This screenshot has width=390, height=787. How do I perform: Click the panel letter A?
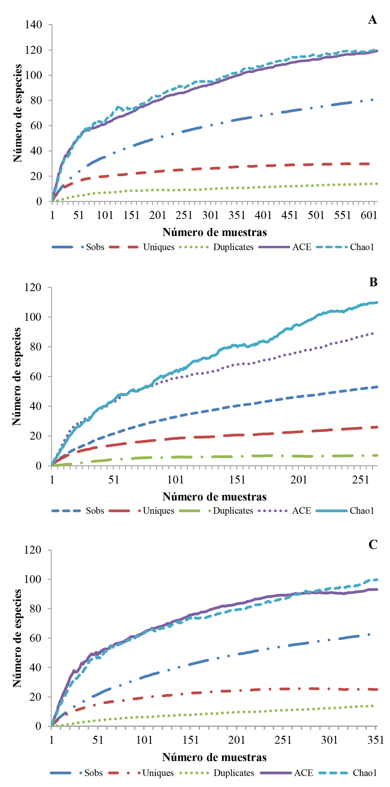(372, 20)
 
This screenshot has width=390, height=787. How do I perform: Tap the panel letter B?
(373, 282)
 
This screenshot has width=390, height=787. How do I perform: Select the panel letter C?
(373, 545)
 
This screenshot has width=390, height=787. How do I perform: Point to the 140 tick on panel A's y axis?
(33, 25)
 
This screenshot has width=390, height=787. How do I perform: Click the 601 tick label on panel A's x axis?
(369, 215)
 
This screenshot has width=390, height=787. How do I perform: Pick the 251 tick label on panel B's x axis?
(361, 480)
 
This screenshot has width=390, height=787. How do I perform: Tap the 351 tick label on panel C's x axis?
(376, 740)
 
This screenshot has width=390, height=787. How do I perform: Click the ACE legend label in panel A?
(302, 247)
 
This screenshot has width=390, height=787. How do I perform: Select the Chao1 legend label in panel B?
(362, 511)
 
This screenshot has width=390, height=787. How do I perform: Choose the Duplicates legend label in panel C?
(234, 773)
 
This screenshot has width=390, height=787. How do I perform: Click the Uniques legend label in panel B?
(158, 511)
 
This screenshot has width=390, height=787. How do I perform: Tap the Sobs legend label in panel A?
(95, 247)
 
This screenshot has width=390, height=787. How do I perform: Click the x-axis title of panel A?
(214, 232)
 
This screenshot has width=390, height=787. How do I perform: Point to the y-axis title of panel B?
(17, 376)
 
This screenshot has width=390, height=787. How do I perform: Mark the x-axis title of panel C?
(214, 757)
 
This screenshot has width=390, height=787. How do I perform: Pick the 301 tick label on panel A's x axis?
(210, 215)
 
